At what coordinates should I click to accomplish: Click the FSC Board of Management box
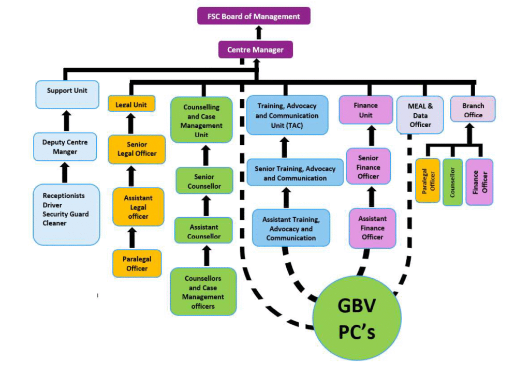254,16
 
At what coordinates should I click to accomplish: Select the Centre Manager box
255,50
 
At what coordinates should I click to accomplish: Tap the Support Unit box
67,94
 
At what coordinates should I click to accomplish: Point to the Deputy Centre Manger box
65,147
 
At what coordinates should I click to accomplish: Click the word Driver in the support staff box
53,205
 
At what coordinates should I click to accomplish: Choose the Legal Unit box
131,104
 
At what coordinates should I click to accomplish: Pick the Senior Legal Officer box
137,149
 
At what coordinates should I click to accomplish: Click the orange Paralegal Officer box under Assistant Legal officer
137,263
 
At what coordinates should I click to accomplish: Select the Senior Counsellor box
204,181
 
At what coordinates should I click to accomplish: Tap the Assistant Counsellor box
204,232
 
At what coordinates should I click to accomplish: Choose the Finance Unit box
365,110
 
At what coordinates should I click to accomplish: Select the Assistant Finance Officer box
373,228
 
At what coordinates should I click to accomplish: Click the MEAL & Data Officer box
420,115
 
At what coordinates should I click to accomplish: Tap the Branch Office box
473,109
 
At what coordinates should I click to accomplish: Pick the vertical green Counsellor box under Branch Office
452,182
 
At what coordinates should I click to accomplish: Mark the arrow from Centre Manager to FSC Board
259,33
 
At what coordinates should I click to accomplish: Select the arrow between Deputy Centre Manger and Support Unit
66,120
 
